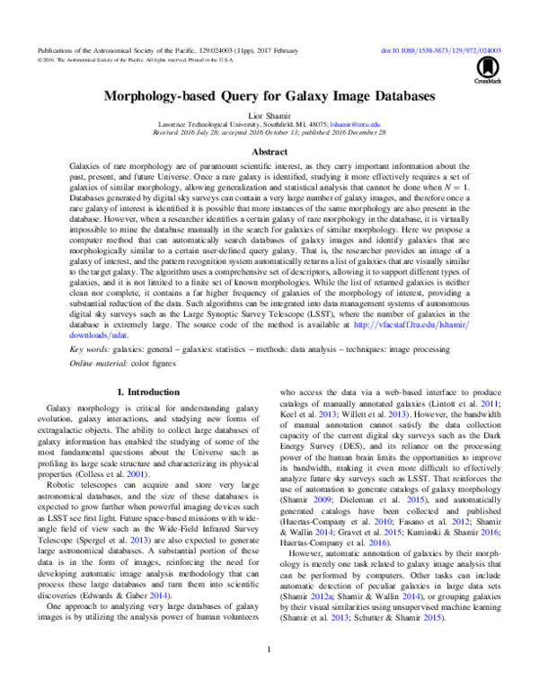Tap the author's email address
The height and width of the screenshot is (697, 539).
(356, 126)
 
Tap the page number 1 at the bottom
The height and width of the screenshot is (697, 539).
(269, 673)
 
